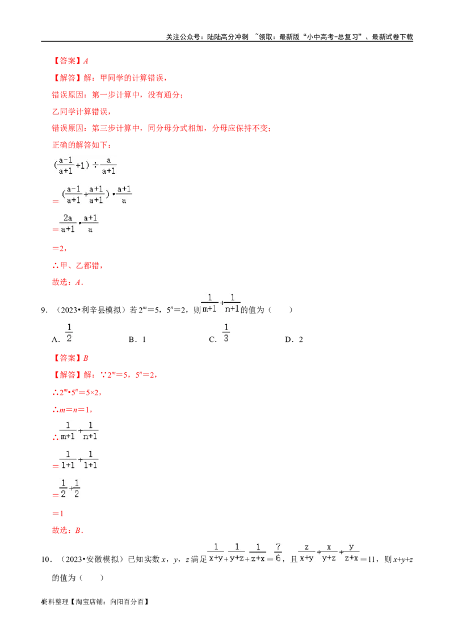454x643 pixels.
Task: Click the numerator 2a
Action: pyautogui.click(x=68, y=218)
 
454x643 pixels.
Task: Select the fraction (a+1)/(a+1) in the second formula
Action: pyautogui.click(x=96, y=194)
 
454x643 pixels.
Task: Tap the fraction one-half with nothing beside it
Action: pyautogui.click(x=69, y=332)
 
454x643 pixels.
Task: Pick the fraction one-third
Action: pyautogui.click(x=225, y=332)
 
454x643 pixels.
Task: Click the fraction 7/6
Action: pyautogui.click(x=278, y=552)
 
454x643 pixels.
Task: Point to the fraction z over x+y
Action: pyautogui.click(x=306, y=552)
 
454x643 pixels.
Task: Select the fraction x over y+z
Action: pyautogui.click(x=329, y=552)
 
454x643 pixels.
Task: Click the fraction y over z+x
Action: pyautogui.click(x=351, y=552)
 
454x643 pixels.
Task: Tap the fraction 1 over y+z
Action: pyautogui.click(x=237, y=552)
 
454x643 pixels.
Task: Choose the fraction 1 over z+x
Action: pyautogui.click(x=258, y=552)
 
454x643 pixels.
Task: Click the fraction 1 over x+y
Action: pyautogui.click(x=215, y=552)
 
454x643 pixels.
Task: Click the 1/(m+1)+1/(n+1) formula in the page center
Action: pyautogui.click(x=221, y=303)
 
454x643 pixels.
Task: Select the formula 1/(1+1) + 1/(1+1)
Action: pyautogui.click(x=79, y=459)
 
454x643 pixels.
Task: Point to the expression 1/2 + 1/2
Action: pyautogui.click(x=70, y=488)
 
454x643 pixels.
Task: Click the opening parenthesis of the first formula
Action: pyautogui.click(x=56, y=166)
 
